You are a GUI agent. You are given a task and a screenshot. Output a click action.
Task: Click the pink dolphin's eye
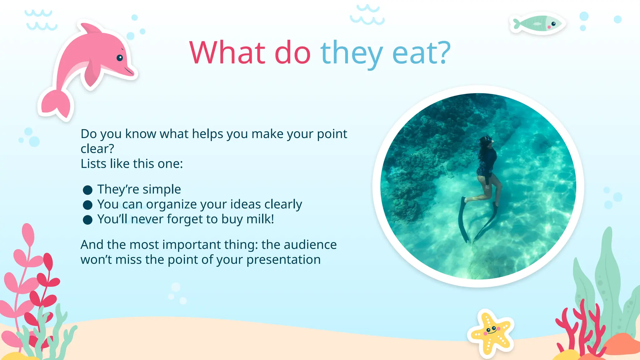click(x=120, y=58)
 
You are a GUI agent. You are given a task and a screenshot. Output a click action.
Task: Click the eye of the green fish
click(x=553, y=24)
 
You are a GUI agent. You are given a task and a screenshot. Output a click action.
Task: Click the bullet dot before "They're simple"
click(x=87, y=190)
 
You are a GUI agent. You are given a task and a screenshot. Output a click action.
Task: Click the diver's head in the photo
click(x=486, y=142)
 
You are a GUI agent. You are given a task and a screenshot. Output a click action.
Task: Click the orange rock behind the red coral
click(x=622, y=344)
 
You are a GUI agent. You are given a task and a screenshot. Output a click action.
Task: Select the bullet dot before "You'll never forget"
click(x=87, y=220)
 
